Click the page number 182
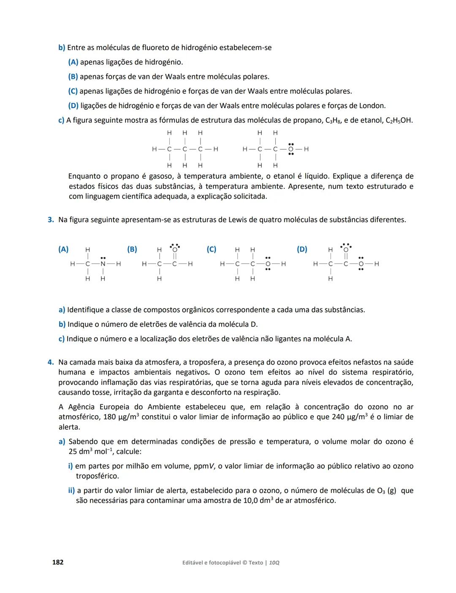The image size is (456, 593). click(57, 562)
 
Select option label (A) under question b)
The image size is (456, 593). click(73, 62)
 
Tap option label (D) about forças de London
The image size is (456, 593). click(73, 106)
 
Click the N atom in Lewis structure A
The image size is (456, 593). click(103, 264)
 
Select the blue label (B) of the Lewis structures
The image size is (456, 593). click(132, 249)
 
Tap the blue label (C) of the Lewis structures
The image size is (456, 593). click(212, 249)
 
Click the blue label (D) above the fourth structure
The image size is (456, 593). click(302, 249)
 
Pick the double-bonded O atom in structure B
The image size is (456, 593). click(175, 249)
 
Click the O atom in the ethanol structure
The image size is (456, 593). click(291, 149)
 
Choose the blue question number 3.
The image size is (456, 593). click(51, 219)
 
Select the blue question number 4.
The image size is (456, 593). click(51, 362)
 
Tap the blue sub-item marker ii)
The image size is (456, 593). click(71, 490)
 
